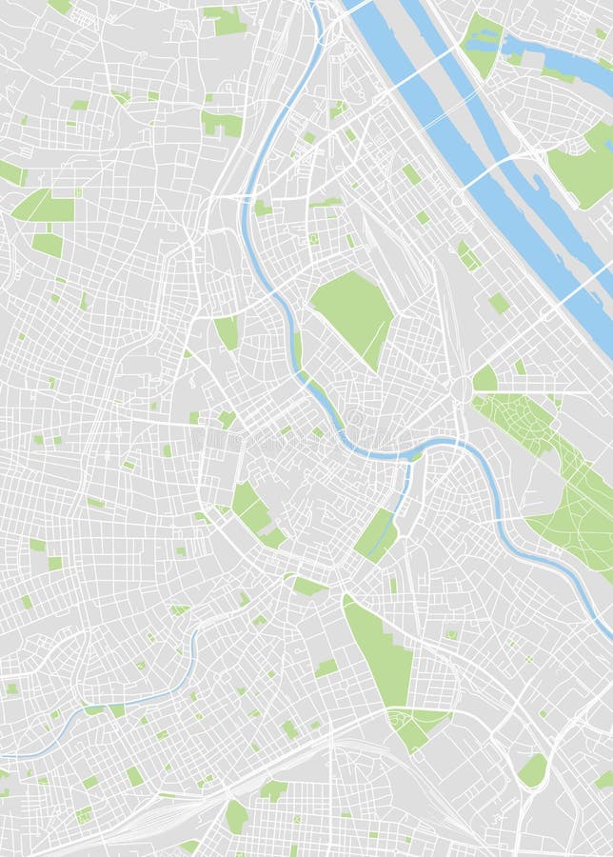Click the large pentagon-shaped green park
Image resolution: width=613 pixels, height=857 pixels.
tap(350, 307)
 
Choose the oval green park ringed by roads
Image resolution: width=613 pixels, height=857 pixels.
tap(532, 770)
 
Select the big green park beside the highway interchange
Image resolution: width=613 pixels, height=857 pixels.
tap(581, 171)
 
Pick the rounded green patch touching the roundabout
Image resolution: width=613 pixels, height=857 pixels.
tap(484, 379)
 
